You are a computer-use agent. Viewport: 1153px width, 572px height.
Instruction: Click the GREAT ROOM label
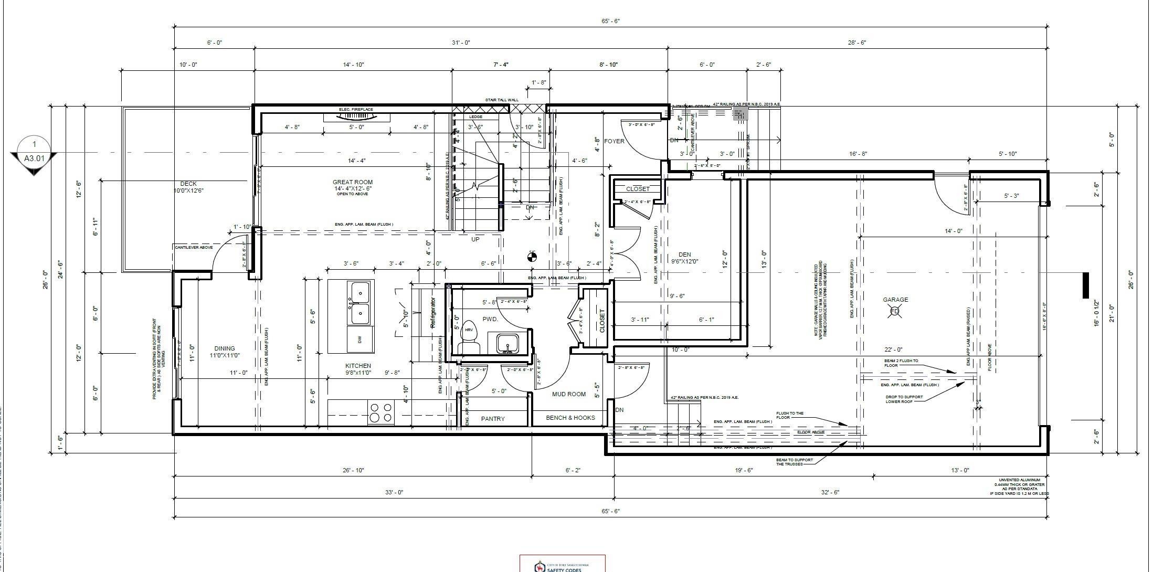[352, 183]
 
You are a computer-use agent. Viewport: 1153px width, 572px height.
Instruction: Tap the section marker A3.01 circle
[34, 151]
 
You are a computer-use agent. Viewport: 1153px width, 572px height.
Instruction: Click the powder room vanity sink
[507, 344]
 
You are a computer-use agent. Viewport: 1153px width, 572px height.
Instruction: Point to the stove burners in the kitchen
[381, 412]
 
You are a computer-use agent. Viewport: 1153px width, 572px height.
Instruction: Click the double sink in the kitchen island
[359, 303]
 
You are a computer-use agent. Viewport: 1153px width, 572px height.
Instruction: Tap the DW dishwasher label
[359, 340]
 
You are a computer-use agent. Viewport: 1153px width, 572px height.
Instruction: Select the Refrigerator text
[433, 313]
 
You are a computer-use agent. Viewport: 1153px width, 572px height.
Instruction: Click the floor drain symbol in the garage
[895, 312]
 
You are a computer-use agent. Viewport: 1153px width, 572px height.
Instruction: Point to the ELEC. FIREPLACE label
[356, 109]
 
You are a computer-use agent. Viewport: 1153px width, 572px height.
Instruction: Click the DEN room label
[684, 255]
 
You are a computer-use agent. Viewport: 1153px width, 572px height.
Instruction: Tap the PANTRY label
[493, 419]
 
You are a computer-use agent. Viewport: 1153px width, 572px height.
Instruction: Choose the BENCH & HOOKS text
[570, 418]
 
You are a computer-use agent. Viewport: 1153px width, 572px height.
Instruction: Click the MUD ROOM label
[568, 394]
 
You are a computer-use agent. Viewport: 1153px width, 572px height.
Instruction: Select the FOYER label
[614, 141]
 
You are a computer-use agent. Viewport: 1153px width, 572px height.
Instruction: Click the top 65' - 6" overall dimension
[610, 21]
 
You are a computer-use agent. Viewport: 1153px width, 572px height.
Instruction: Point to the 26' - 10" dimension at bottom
[353, 470]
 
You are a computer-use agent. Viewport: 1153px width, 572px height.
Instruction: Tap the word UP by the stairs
[475, 239]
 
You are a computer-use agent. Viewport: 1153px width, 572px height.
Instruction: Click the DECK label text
[188, 184]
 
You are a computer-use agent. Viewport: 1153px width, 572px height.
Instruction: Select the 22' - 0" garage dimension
[893, 349]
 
